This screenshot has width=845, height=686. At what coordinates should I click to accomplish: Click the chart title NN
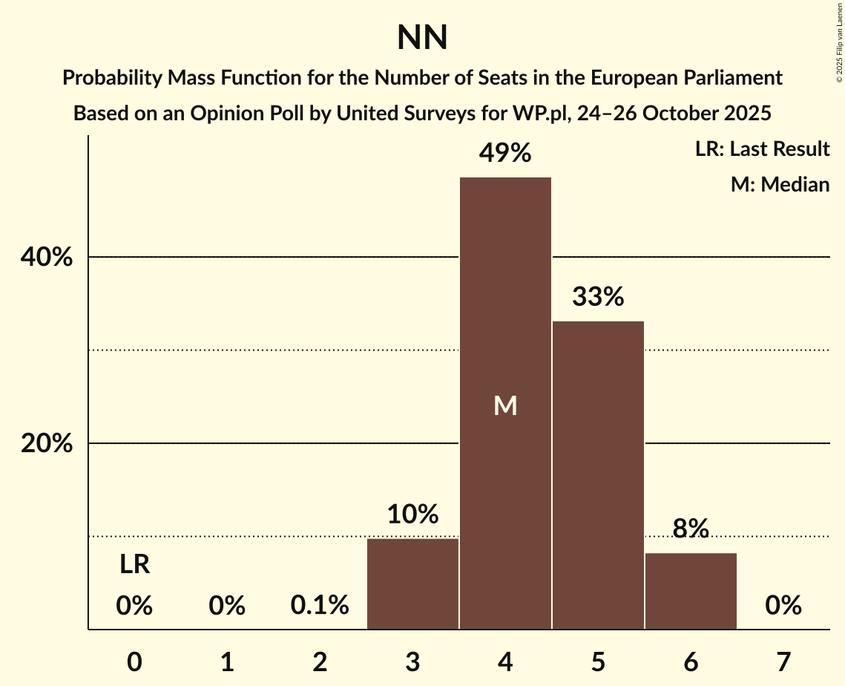click(422, 37)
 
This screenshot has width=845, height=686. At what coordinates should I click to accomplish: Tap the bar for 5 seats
click(598, 475)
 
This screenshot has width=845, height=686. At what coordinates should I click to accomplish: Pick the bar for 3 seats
click(412, 584)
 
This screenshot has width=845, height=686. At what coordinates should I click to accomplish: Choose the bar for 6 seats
click(691, 591)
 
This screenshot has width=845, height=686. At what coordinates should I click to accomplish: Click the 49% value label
click(505, 154)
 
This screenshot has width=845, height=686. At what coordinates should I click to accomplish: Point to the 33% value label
click(598, 298)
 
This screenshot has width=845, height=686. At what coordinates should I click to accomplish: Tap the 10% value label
click(412, 514)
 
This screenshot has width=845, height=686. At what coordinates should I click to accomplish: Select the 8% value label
click(691, 529)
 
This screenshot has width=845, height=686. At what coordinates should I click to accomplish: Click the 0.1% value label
click(320, 606)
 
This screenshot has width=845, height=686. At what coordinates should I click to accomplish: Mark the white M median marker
click(505, 405)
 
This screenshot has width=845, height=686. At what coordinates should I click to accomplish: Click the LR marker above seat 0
click(135, 565)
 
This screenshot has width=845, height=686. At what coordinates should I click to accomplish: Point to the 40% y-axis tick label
click(46, 258)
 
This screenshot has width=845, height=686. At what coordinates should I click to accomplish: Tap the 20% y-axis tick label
click(46, 444)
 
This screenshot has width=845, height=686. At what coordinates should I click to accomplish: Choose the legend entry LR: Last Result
click(762, 149)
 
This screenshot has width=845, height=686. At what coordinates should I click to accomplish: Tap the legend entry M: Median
click(780, 184)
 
